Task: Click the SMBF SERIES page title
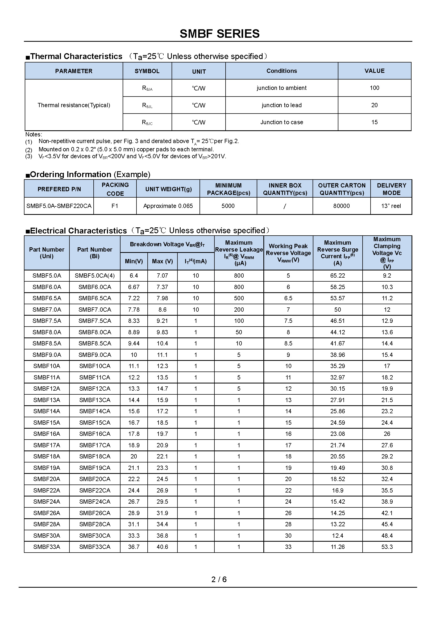(x=219, y=34)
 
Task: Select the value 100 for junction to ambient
(x=374, y=88)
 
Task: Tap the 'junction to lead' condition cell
(x=281, y=105)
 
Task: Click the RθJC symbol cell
(x=147, y=122)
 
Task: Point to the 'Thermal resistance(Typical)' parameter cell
(x=74, y=105)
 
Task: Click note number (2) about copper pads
(x=29, y=150)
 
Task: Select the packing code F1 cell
(x=115, y=206)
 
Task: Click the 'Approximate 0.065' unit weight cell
(x=168, y=206)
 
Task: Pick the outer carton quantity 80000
(x=341, y=206)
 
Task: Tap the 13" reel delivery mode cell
(x=391, y=206)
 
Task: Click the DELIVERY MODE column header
(x=392, y=189)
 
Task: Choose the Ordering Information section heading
(x=88, y=174)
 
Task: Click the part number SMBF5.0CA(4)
(x=94, y=275)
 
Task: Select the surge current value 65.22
(x=338, y=275)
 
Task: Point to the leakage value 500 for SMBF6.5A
(x=239, y=298)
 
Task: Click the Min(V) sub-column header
(x=134, y=261)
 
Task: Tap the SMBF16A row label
(x=47, y=434)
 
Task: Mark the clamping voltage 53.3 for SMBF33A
(x=387, y=547)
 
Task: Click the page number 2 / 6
(x=219, y=579)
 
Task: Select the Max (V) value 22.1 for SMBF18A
(x=162, y=456)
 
